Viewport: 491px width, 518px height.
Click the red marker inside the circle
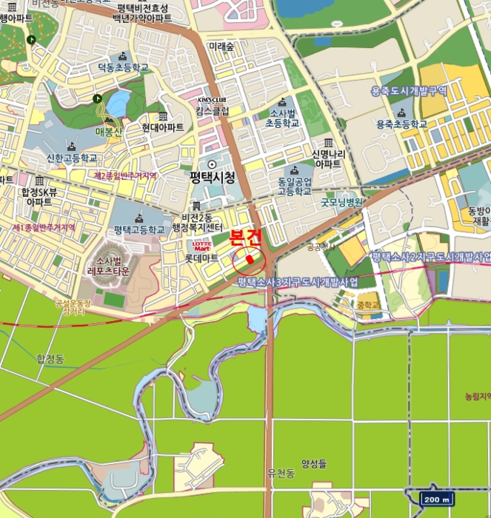pyautogui.click(x=250, y=260)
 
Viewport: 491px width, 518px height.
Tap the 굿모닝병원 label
pyautogui.click(x=341, y=201)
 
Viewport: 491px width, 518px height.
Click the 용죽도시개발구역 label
pyautogui.click(x=409, y=91)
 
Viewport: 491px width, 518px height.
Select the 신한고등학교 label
pyautogui.click(x=72, y=158)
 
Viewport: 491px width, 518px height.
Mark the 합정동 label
pyautogui.click(x=51, y=359)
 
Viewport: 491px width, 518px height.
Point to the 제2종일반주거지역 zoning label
pyautogui.click(x=125, y=176)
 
